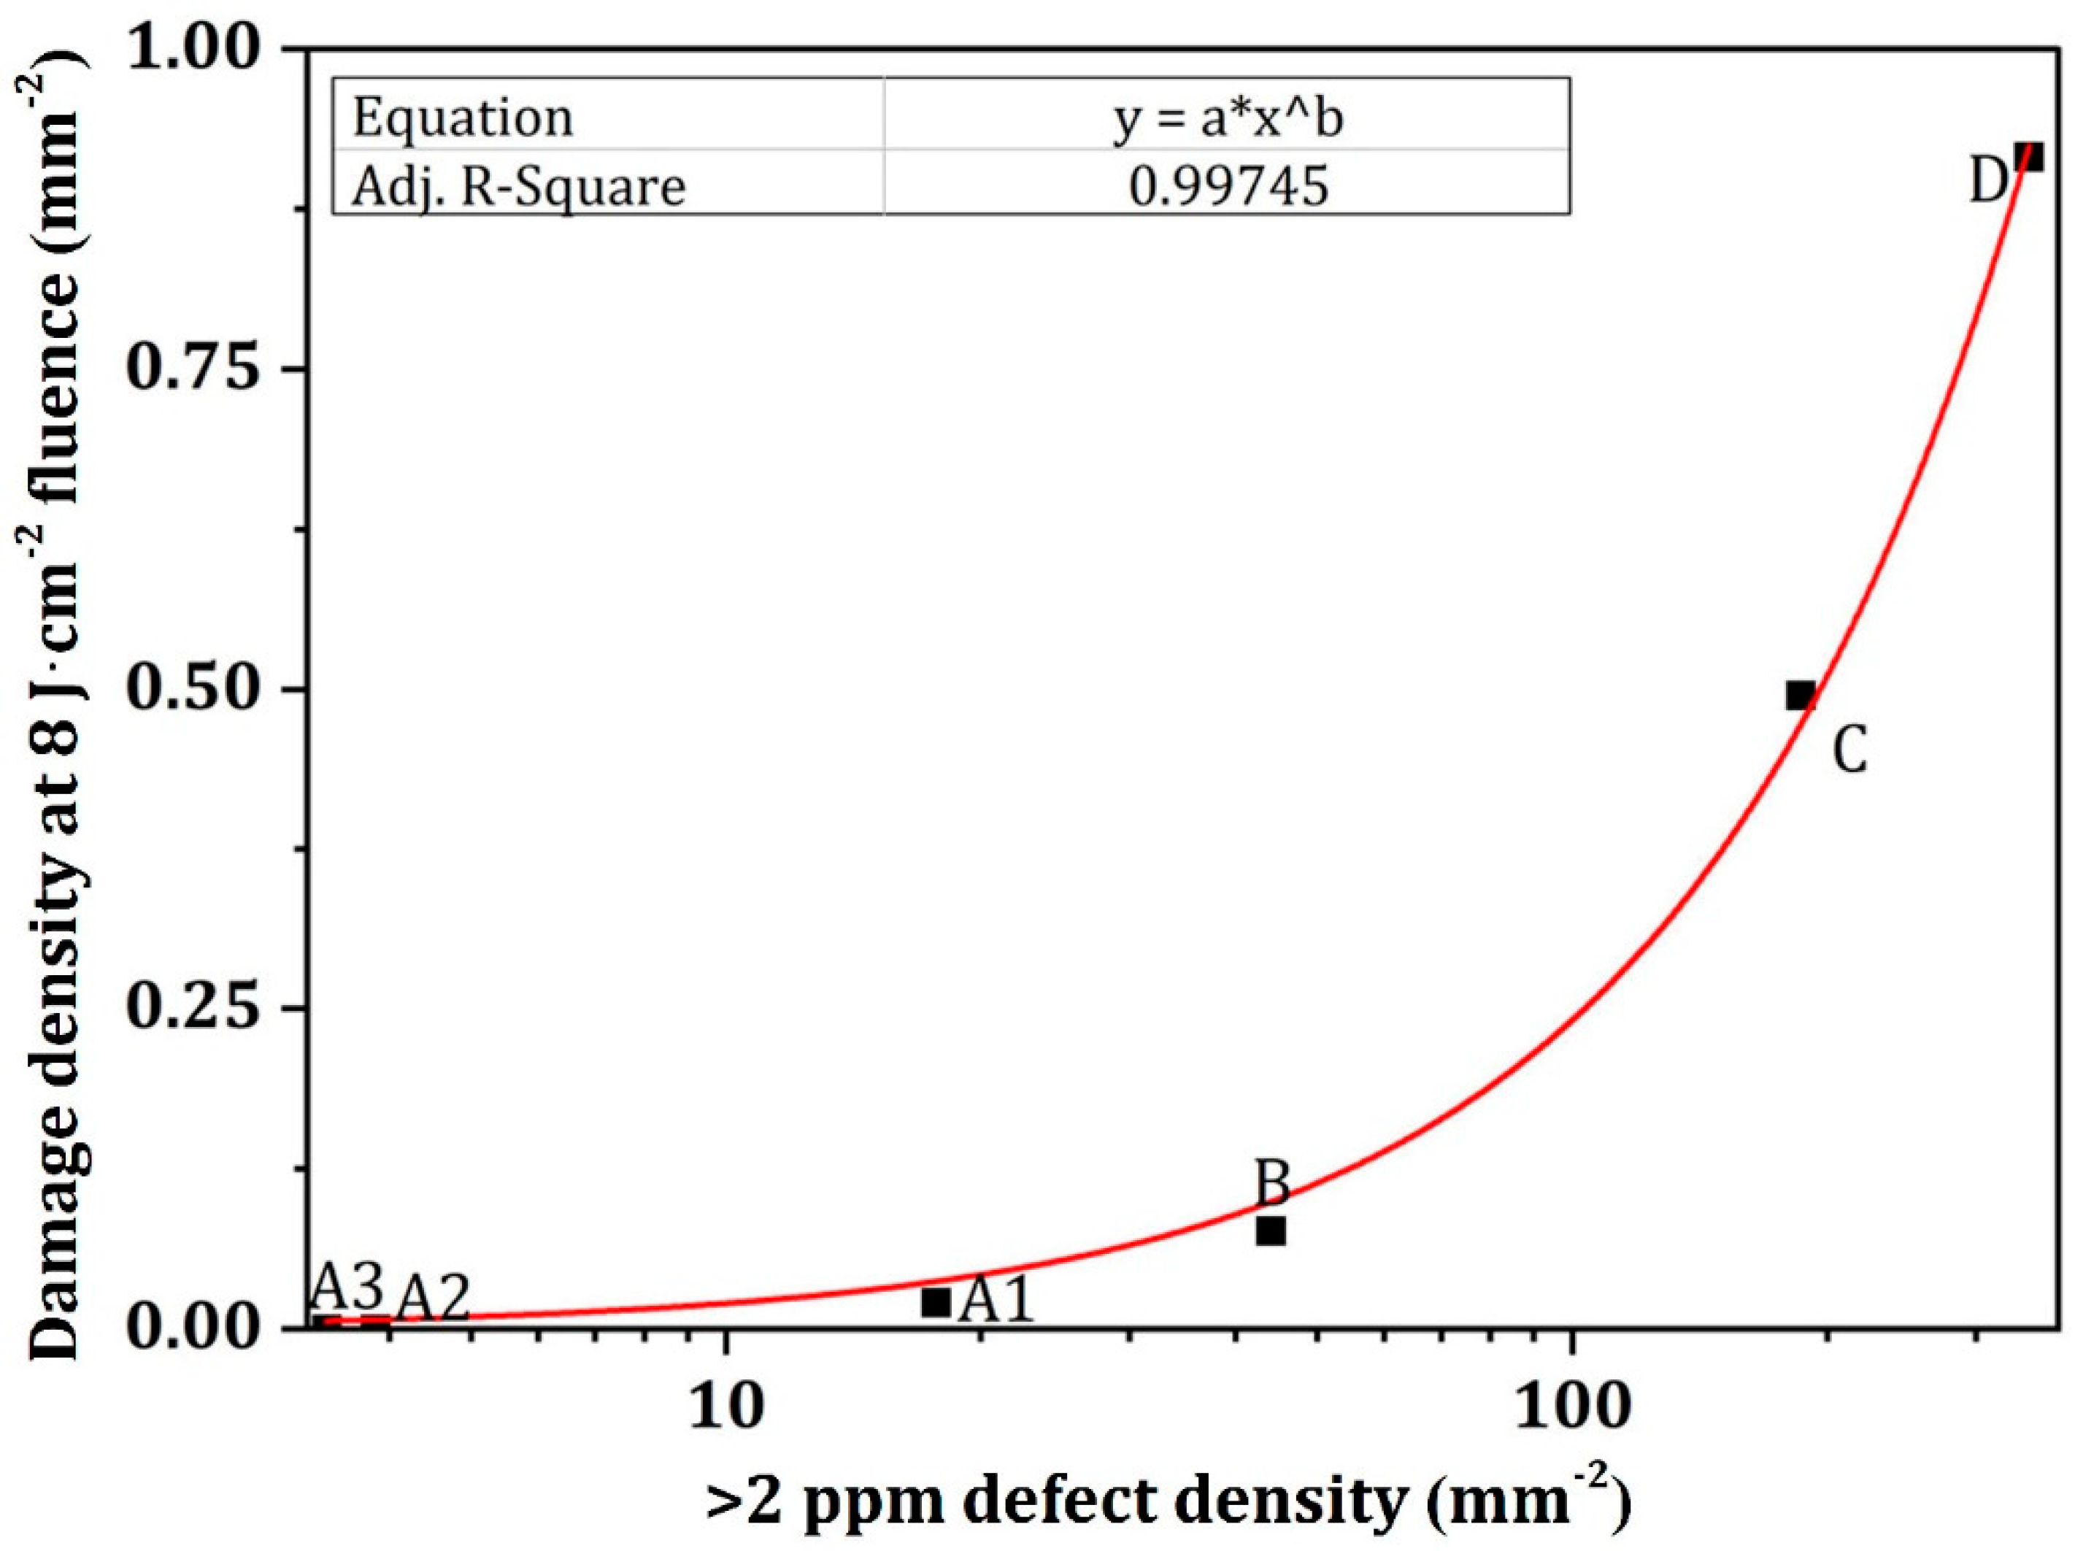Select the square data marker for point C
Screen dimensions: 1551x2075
coord(1800,696)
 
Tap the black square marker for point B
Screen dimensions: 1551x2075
coord(1270,1230)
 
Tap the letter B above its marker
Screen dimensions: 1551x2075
coord(1272,1183)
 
